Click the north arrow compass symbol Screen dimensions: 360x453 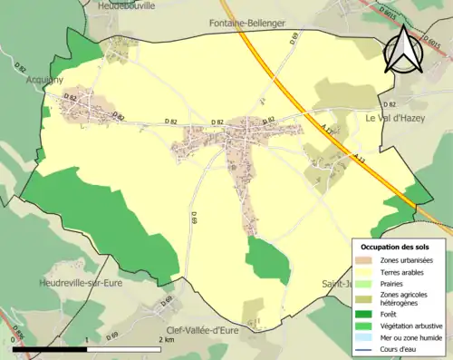point(405,49)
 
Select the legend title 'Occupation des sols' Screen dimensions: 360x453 point(395,246)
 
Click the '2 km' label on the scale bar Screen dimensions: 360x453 point(165,340)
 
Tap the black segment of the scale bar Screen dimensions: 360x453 point(50,349)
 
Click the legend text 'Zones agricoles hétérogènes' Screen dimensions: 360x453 point(403,298)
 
